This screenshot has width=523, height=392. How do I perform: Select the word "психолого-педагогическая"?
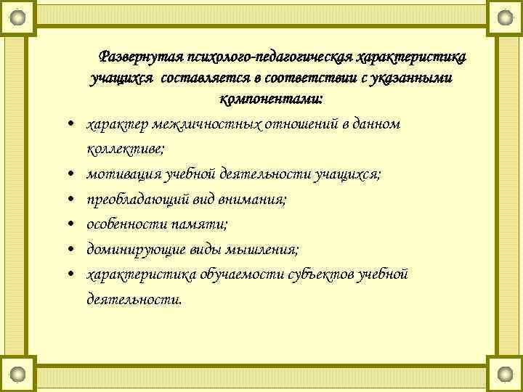271,56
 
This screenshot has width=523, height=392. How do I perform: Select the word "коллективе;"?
126,149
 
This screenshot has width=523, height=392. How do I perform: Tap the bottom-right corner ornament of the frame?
504,375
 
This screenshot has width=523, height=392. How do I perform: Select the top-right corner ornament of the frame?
504,16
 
